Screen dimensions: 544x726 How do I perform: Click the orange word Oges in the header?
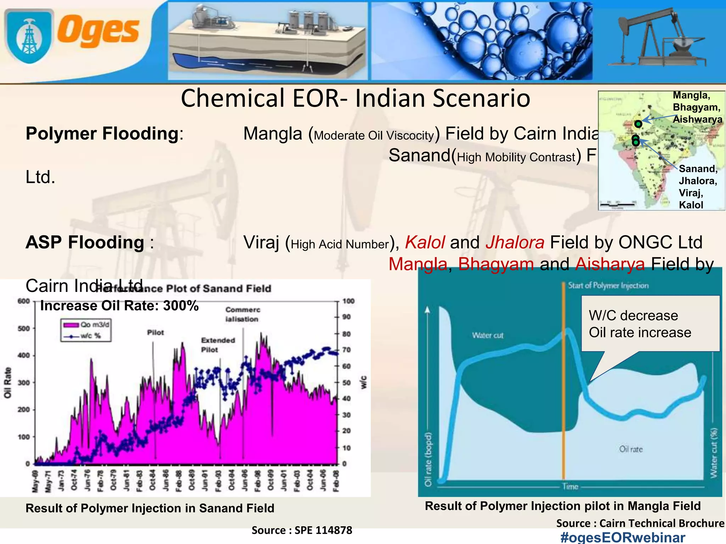pyautogui.click(x=98, y=31)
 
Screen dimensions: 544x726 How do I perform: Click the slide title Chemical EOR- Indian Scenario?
pyautogui.click(x=355, y=98)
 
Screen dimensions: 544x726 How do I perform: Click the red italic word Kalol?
pyautogui.click(x=425, y=243)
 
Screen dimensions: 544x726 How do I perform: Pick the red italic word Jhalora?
pyautogui.click(x=515, y=243)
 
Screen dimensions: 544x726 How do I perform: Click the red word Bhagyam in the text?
pyautogui.click(x=496, y=264)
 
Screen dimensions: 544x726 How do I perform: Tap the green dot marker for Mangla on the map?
pyautogui.click(x=638, y=124)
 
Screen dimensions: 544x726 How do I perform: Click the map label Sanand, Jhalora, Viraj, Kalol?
pyautogui.click(x=698, y=187)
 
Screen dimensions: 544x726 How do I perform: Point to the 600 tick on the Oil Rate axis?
pyautogui.click(x=24, y=301)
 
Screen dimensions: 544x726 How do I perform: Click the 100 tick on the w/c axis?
pyautogui.click(x=348, y=301)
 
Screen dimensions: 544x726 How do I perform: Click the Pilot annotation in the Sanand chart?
pyautogui.click(x=156, y=333)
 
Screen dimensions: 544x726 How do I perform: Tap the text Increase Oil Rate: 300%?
pyautogui.click(x=119, y=306)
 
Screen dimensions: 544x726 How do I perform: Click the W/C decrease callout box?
pyautogui.click(x=650, y=324)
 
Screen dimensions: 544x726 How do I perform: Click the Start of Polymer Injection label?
pyautogui.click(x=608, y=285)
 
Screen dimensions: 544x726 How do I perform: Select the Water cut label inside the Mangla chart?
pyautogui.click(x=487, y=335)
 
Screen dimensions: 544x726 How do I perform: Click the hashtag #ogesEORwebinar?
pyautogui.click(x=623, y=537)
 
